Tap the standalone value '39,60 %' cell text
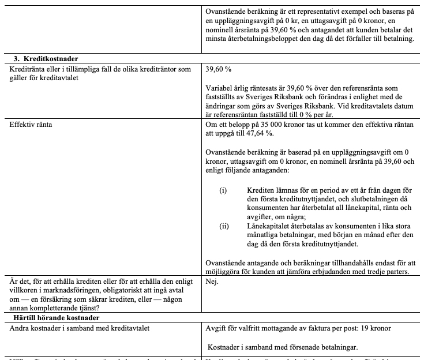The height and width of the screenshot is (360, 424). pos(219,69)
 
